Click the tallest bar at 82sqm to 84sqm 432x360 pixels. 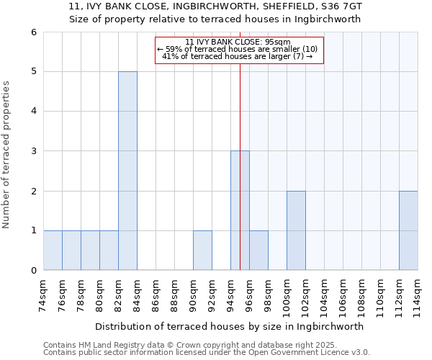pos(127,171)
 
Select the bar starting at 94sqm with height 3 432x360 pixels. pos(240,210)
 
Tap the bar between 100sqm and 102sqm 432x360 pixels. pos(296,230)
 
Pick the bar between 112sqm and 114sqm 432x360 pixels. pos(408,230)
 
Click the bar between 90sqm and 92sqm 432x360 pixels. pos(202,251)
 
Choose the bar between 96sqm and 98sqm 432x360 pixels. pos(258,251)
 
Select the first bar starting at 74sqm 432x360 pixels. pos(53,251)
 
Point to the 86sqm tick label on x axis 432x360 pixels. pos(156,294)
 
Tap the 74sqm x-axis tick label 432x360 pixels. pos(43,294)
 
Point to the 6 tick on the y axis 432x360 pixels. pos(33,32)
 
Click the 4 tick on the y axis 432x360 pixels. pos(33,111)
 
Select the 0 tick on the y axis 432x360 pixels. pos(33,270)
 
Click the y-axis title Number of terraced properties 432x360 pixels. pos(6,154)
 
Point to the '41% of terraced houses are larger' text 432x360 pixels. pos(237,56)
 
